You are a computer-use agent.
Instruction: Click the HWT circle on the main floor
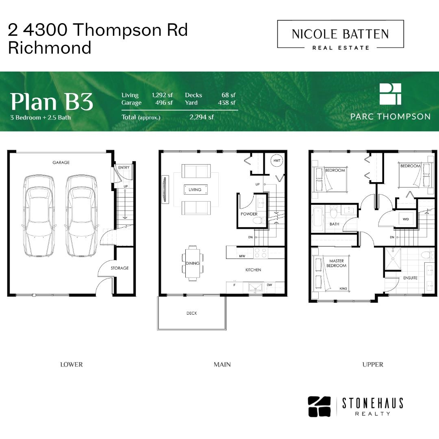click(277, 161)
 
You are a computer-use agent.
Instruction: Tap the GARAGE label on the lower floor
click(61, 162)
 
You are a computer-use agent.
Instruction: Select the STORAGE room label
click(120, 268)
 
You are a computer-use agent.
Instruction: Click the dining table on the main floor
click(193, 263)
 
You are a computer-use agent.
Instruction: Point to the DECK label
click(192, 313)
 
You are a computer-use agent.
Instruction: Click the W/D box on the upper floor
click(406, 219)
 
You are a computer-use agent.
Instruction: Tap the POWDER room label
click(249, 214)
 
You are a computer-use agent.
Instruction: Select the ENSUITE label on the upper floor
click(410, 278)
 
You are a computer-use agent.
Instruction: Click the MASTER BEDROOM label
click(336, 263)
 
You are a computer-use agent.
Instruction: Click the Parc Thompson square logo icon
click(390, 94)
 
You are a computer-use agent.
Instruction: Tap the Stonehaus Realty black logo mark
click(319, 406)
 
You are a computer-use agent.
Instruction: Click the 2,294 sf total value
click(202, 117)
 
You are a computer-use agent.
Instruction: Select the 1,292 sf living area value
click(162, 95)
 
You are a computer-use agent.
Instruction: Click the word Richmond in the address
click(50, 48)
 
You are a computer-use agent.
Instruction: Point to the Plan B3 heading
click(52, 102)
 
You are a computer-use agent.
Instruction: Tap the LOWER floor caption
click(72, 365)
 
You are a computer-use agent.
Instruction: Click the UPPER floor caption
click(373, 365)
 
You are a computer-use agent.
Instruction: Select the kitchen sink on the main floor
click(255, 287)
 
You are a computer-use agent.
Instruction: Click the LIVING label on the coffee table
click(195, 189)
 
